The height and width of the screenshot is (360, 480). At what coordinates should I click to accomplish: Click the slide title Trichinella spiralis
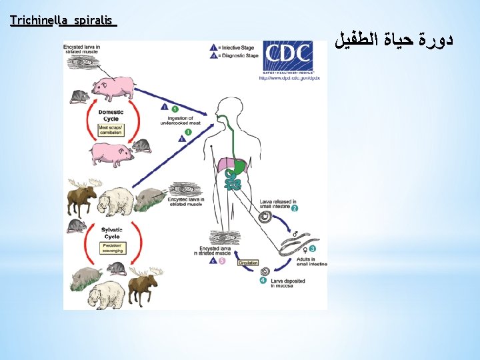tap(63, 21)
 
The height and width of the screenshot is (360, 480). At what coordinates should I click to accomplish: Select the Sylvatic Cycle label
tap(111, 234)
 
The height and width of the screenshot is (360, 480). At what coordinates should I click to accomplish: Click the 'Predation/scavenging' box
tap(111, 248)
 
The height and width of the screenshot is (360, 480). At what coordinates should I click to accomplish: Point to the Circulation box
tap(247, 263)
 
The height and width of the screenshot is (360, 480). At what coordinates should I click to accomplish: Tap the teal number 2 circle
tap(294, 209)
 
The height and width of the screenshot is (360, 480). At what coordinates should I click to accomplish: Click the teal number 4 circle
tap(263, 281)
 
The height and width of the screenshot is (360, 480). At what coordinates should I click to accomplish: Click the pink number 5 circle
tap(223, 261)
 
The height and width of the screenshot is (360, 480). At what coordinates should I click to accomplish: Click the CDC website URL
tap(289, 78)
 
